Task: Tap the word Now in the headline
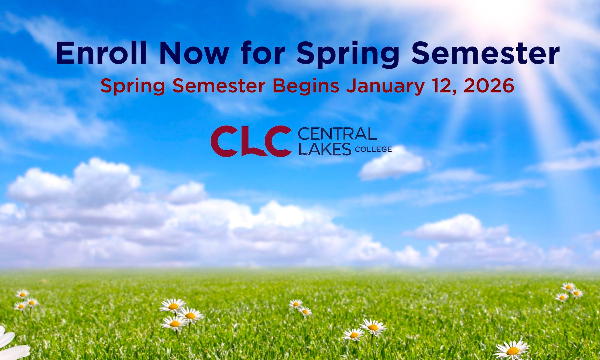click(194, 53)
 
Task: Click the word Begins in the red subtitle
click(306, 86)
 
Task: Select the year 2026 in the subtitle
click(489, 85)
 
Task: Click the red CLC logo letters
click(251, 141)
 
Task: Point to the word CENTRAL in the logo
click(337, 134)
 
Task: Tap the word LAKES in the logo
click(325, 149)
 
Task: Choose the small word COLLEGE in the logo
click(373, 149)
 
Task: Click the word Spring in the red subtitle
click(133, 86)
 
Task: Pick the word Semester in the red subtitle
click(219, 86)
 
